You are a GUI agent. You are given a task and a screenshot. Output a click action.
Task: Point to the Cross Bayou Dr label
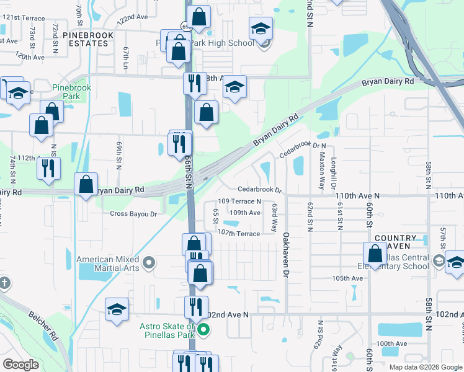[x=133, y=213]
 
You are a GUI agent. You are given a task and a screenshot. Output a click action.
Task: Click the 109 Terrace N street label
[x=239, y=201]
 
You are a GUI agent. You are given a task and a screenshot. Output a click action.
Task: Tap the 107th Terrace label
[x=239, y=233]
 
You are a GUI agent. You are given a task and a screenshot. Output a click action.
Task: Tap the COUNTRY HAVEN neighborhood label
[x=396, y=242]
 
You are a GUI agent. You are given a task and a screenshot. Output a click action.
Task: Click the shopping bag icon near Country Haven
[x=375, y=254]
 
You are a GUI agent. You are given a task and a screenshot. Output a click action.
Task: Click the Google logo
[x=20, y=365]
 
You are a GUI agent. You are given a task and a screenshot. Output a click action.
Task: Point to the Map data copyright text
[x=425, y=366]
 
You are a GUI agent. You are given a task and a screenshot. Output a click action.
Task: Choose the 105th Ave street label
[x=347, y=278]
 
